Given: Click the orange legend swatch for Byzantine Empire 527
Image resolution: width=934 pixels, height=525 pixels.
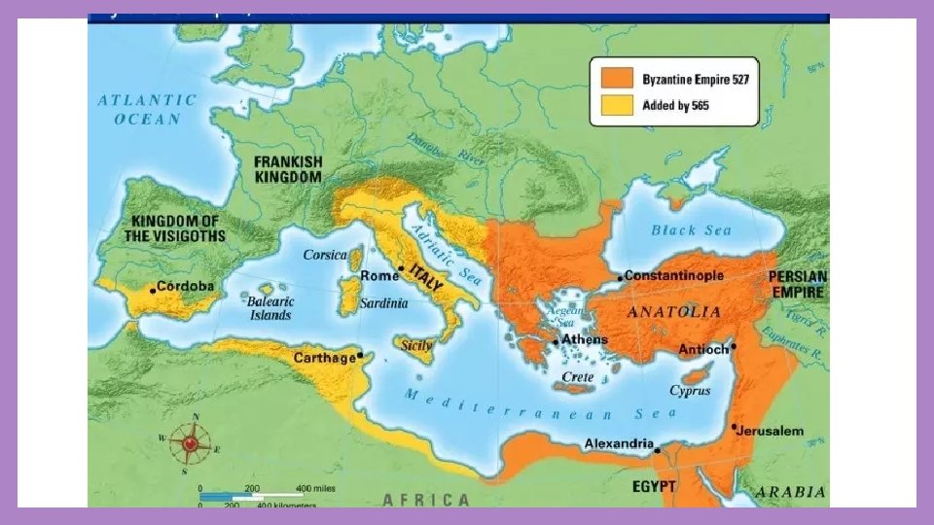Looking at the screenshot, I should [618, 78].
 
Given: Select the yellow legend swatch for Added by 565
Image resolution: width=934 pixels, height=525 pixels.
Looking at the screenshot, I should [618, 105].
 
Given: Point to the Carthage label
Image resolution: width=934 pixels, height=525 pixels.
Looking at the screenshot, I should [325, 359].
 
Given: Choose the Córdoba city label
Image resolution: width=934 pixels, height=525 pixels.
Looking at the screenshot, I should [187, 288].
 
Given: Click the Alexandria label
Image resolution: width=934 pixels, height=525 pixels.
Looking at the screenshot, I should [618, 444].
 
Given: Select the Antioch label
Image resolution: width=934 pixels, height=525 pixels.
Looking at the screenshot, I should [703, 349].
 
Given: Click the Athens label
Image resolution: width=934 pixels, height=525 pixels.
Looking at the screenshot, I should [585, 339].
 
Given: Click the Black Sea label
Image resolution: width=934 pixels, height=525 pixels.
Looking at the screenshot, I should [691, 230].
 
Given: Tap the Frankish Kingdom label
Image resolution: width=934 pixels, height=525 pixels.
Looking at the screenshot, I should [287, 169].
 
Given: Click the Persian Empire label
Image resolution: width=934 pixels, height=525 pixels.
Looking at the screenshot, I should [799, 284].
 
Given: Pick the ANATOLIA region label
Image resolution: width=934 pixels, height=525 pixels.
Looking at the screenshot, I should [674, 312].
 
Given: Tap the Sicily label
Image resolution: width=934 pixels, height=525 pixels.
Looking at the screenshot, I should [417, 344].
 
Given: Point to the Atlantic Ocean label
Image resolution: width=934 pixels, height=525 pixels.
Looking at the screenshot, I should [147, 109].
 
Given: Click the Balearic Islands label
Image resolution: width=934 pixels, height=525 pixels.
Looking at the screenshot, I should [269, 308].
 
